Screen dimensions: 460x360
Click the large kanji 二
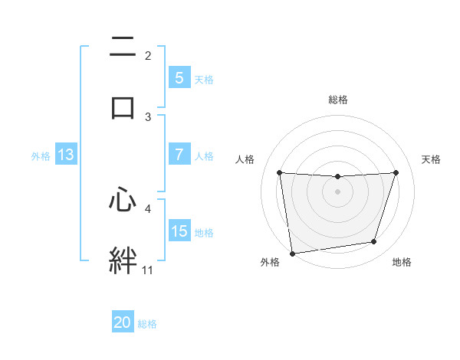point(123,48)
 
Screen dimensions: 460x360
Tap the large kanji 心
point(123,201)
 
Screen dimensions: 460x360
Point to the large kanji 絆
point(123,260)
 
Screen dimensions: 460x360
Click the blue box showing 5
point(179,77)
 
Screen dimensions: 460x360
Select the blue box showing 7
point(179,155)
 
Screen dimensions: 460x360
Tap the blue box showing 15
point(179,231)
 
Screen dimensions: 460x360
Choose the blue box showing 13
point(65,155)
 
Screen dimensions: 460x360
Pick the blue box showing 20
point(123,322)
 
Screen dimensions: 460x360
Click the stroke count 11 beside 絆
point(148,270)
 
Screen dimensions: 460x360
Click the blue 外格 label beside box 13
point(41,155)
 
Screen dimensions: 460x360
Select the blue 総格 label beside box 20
point(147,323)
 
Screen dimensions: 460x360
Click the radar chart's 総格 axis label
point(337,100)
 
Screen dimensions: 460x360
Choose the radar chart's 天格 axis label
point(432,159)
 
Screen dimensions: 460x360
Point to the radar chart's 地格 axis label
point(402,262)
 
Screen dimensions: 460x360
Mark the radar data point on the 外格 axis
point(291,252)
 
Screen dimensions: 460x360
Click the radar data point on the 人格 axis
point(279,172)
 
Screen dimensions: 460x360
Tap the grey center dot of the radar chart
point(337,191)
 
